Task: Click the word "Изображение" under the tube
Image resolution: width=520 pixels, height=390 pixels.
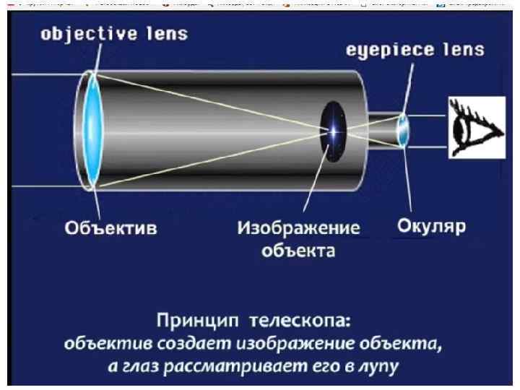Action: tap(299, 229)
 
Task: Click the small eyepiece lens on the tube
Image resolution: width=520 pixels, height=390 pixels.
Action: tap(404, 130)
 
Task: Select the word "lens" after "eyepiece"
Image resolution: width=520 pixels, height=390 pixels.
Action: tap(461, 51)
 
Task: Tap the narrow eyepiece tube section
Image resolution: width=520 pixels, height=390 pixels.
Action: tap(383, 130)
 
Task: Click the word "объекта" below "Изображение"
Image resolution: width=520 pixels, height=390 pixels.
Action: tap(299, 251)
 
